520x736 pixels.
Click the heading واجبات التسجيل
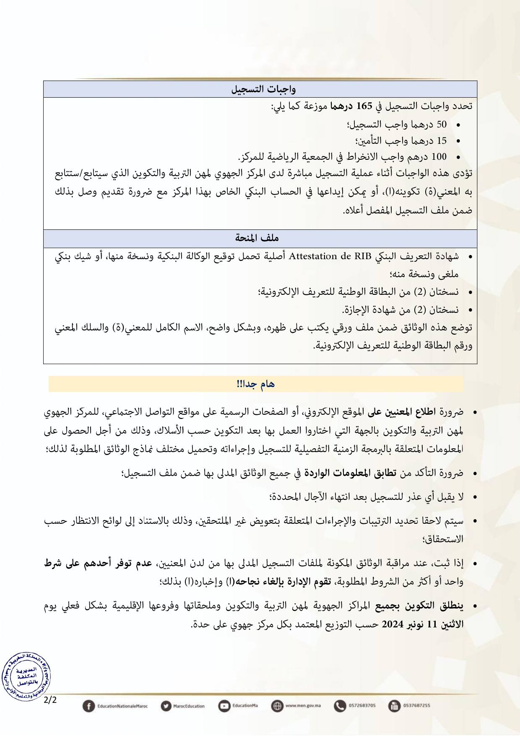coord(263,89)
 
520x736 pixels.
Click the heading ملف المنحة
coord(257,238)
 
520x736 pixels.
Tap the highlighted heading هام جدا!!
coord(255,384)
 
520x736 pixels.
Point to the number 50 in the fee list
coord(442,125)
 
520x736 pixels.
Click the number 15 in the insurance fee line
coord(442,140)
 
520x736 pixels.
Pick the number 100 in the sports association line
coord(439,157)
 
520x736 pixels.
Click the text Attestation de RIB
coord(330,256)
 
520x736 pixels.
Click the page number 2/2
coord(50,700)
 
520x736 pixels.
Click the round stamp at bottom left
coord(26,676)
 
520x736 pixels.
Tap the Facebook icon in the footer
coord(88,706)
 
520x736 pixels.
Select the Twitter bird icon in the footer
coord(166,706)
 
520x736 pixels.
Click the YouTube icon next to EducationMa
coord(224,706)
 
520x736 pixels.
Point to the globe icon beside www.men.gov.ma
coord(277,706)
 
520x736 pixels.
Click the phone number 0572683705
coord(362,706)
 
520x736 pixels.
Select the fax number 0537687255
coord(416,706)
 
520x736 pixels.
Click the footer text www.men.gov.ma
coord(303,706)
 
